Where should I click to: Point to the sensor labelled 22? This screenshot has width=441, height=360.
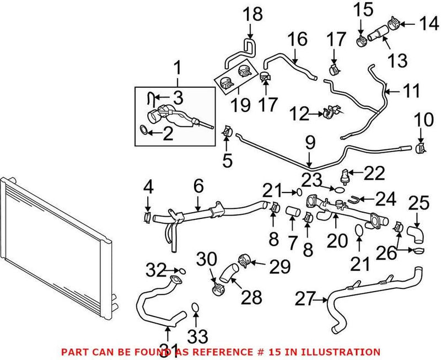346,175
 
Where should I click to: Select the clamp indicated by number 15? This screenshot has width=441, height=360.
362,40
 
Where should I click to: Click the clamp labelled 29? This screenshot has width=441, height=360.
244,260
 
